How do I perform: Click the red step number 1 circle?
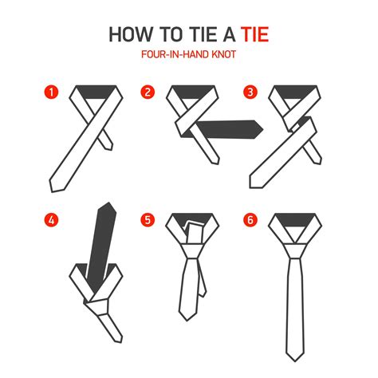pyautogui.click(x=52, y=93)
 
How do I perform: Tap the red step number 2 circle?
pyautogui.click(x=148, y=93)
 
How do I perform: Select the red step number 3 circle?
pyautogui.click(x=250, y=93)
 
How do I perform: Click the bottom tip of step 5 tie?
pyautogui.click(x=190, y=343)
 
